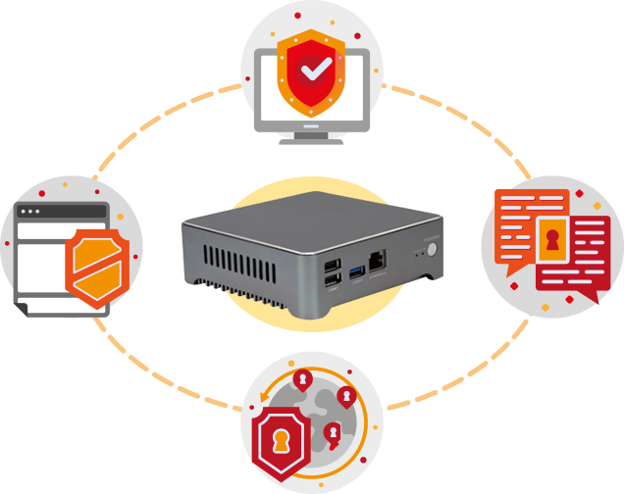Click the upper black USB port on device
pos(331,266)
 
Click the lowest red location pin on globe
pos(333,432)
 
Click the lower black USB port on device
pos(332,283)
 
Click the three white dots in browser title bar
pos(30,211)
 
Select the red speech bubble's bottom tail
pos(586,299)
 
